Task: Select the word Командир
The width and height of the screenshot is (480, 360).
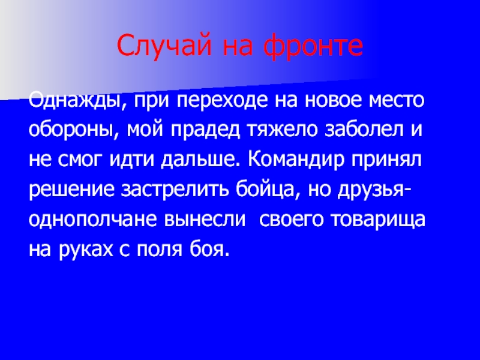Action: tap(289, 160)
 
